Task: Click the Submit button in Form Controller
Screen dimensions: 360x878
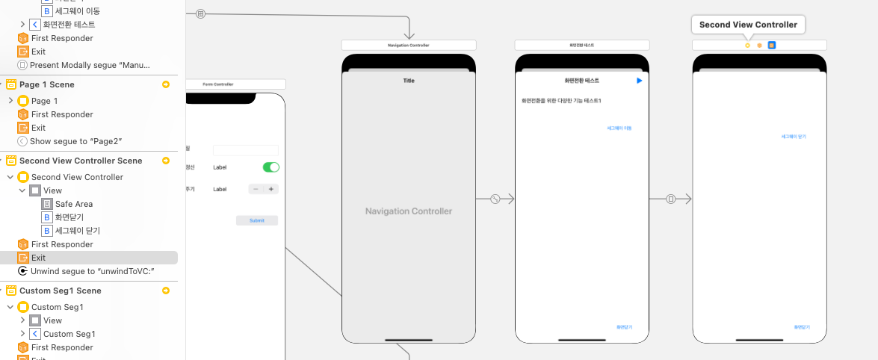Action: coord(256,220)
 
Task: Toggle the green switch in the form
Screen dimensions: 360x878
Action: coord(270,167)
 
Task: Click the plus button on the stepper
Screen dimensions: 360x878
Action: coord(270,189)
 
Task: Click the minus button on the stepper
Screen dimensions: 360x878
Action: coord(256,189)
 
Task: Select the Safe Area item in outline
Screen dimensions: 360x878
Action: coord(73,204)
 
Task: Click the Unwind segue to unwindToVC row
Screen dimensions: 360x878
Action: coord(91,271)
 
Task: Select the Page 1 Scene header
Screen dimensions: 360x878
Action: coord(46,84)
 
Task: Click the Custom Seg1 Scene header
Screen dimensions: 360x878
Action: coord(60,291)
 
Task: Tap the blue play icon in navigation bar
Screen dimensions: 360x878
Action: coord(639,80)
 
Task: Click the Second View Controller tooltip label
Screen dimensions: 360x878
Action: coord(748,25)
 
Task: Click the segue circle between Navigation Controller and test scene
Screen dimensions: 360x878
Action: coord(495,199)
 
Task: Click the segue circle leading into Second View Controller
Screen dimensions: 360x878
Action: coord(671,199)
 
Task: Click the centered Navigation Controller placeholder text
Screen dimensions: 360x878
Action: coord(409,211)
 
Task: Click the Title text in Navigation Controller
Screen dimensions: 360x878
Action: coord(409,81)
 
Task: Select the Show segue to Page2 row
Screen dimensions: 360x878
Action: coord(75,141)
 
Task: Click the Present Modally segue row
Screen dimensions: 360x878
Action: coord(90,65)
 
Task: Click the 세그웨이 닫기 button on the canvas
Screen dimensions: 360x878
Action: coord(794,137)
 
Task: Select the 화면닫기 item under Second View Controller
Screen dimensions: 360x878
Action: coord(69,217)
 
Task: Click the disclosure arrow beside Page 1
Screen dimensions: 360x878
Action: coord(10,101)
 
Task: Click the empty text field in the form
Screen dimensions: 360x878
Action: coord(245,150)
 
